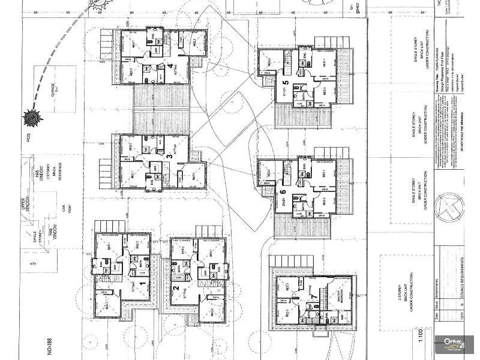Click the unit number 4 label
(x=170, y=65)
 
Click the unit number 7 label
(x=313, y=296)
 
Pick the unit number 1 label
(x=142, y=284)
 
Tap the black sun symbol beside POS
(x=29, y=117)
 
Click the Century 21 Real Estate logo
(x=455, y=344)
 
